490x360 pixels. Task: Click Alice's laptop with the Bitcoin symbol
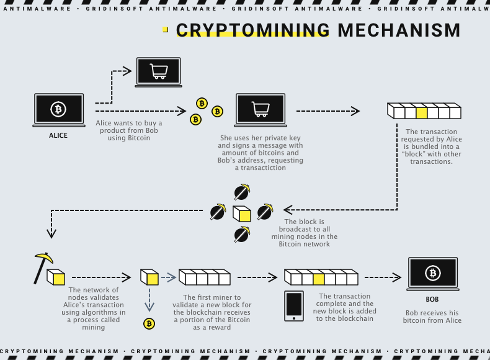click(58, 110)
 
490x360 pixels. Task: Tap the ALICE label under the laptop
click(58, 135)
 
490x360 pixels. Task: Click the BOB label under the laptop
click(432, 299)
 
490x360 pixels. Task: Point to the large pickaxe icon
click(42, 266)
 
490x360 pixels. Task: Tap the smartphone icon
click(293, 306)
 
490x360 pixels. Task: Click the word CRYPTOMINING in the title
click(252, 30)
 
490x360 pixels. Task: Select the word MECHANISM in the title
click(399, 30)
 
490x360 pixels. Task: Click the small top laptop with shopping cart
click(158, 72)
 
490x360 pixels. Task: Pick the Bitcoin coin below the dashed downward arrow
click(149, 323)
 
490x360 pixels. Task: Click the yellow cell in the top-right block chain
click(422, 112)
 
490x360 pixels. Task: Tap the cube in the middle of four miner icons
click(242, 213)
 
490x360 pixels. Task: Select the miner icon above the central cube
click(241, 191)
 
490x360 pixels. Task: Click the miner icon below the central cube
click(241, 234)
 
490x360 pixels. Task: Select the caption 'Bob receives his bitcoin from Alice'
click(433, 317)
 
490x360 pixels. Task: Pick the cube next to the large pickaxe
click(56, 277)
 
